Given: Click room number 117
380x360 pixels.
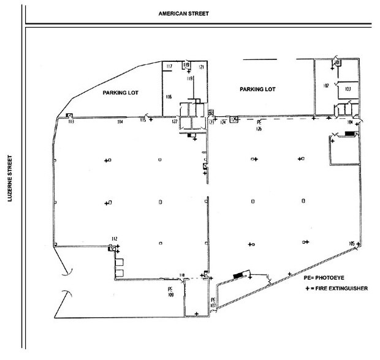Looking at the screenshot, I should (169, 66).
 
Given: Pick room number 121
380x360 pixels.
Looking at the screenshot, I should (200, 66).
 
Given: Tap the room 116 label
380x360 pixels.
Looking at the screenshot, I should (169, 97).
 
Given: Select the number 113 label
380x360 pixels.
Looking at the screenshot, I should (70, 122).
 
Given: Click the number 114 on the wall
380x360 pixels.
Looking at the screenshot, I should (120, 122).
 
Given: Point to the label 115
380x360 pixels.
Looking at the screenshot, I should (143, 122).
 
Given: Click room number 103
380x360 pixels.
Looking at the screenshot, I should (348, 89).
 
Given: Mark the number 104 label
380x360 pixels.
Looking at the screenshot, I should (349, 122).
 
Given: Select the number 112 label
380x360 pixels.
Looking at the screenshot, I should (114, 238).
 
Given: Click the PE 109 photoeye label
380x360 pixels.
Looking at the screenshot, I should (170, 290).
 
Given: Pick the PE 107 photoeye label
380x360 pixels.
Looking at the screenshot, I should (213, 301).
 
